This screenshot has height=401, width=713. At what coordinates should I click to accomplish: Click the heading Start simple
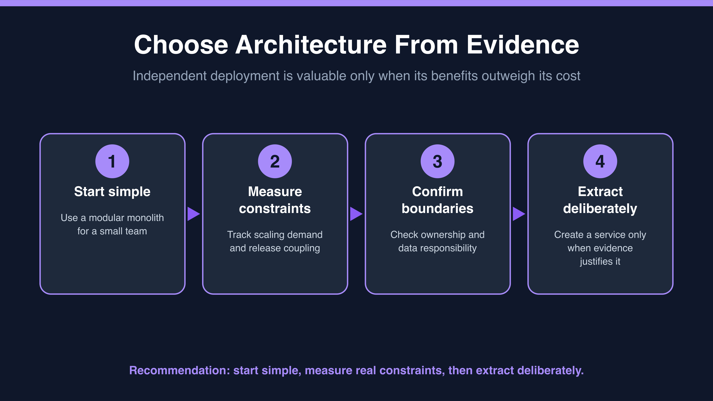pos(112,192)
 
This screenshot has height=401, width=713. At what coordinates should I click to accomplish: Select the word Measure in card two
pos(275,192)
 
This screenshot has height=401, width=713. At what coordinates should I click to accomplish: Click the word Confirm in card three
pos(438,192)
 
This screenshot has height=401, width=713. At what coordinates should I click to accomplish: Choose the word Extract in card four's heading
pos(600,192)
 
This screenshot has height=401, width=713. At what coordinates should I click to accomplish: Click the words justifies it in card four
pos(600,261)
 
